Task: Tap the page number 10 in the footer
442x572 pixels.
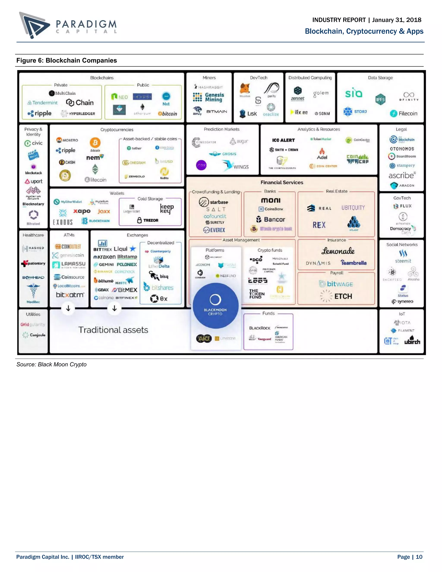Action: coord(419,557)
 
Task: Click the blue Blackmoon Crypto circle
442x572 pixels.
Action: coord(215,306)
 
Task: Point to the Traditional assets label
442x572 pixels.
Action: coord(113,330)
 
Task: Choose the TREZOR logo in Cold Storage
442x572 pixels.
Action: coord(148,220)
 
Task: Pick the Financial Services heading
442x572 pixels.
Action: coord(282,183)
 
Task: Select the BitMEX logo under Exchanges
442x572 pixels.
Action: coord(124,290)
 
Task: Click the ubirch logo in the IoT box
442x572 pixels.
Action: coord(412,341)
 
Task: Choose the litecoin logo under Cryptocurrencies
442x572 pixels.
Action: coord(96,180)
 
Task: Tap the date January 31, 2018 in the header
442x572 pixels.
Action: coord(397,20)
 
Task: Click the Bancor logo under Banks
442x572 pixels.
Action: coord(270,220)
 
